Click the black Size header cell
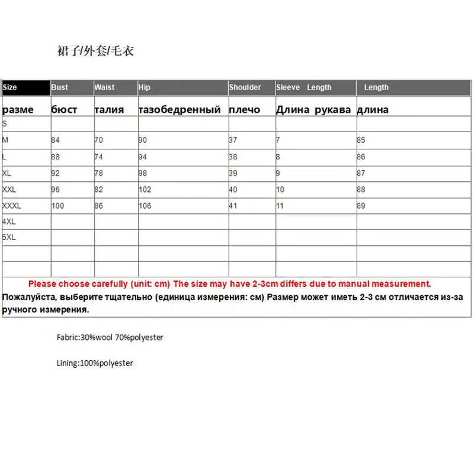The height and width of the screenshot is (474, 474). click(x=25, y=88)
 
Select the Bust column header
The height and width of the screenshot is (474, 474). click(x=60, y=88)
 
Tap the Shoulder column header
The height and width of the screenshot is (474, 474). click(x=245, y=88)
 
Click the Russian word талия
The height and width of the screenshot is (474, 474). click(x=109, y=110)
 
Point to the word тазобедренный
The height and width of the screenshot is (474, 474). click(x=179, y=110)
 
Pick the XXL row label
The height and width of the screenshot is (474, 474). click(x=9, y=190)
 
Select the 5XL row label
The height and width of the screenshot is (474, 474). click(x=9, y=237)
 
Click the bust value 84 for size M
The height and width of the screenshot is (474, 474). click(x=56, y=140)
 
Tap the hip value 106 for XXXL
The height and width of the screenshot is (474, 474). click(x=145, y=206)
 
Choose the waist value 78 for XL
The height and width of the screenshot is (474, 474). click(x=99, y=173)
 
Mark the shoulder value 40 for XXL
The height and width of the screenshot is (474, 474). click(x=233, y=190)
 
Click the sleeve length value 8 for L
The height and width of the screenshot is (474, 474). click(x=278, y=157)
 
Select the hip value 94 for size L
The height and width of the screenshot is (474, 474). click(x=143, y=157)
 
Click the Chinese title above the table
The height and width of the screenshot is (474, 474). click(x=95, y=51)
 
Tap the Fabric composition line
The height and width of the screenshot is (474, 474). click(x=110, y=338)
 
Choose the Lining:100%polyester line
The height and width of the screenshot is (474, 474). click(x=95, y=363)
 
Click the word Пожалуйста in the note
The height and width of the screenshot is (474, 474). click(x=26, y=297)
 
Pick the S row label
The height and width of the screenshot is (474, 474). click(x=5, y=124)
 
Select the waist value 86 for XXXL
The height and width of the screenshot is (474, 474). click(x=99, y=206)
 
